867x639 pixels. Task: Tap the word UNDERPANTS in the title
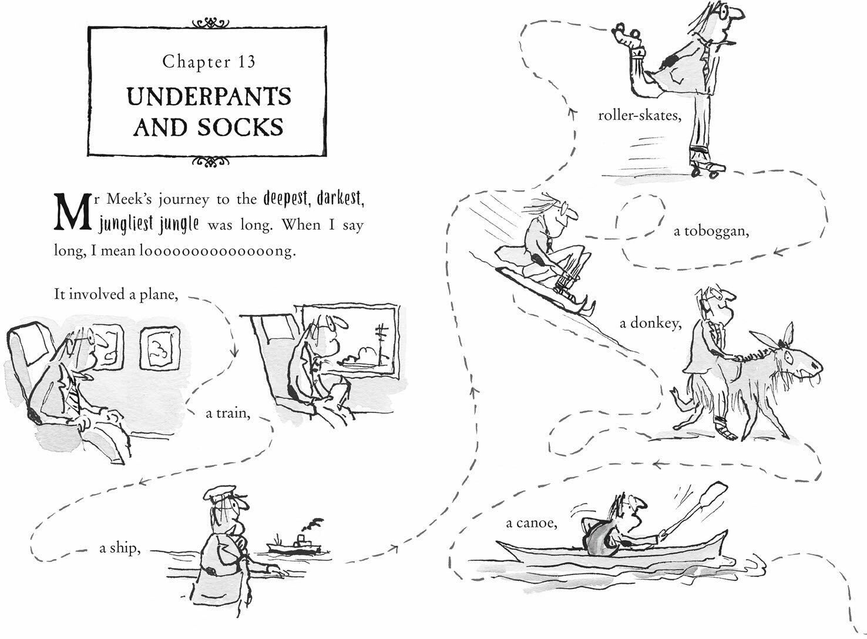209,97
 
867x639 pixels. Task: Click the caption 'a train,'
228,413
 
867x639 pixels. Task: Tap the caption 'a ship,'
119,549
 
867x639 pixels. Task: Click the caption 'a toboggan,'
712,231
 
